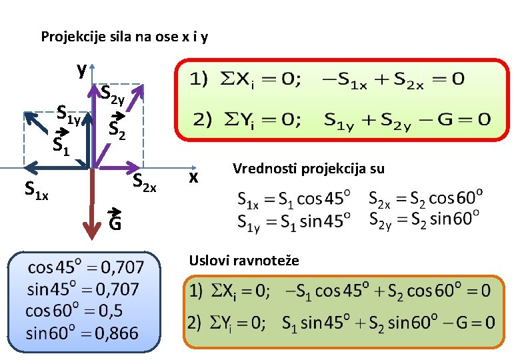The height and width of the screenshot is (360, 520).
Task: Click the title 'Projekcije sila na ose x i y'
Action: click(x=124, y=37)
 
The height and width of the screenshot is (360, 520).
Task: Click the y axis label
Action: click(x=81, y=69)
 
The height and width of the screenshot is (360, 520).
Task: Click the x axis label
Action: click(x=193, y=177)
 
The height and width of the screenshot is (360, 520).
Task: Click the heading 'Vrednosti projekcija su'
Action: click(x=309, y=169)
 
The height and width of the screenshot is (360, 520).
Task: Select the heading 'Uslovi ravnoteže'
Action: click(x=245, y=260)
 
